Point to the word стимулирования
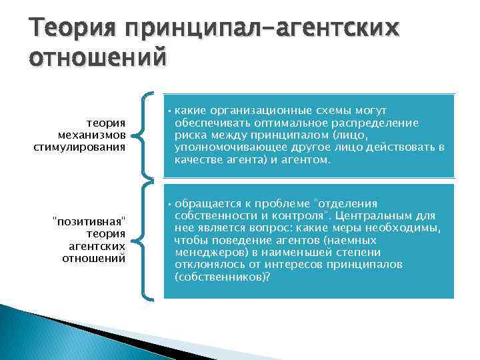[x=80, y=146]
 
